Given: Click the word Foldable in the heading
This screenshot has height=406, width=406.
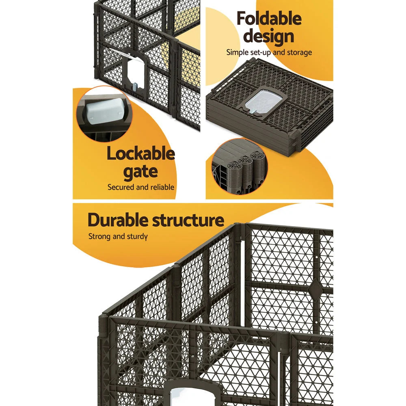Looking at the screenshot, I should click(x=269, y=19).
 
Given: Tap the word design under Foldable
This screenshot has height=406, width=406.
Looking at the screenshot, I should click(x=269, y=37).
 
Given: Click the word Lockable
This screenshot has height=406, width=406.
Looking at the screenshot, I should click(x=140, y=154).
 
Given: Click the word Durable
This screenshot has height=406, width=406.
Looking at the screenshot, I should click(x=117, y=220).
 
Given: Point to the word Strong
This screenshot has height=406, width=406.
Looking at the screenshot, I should click(x=99, y=236).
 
